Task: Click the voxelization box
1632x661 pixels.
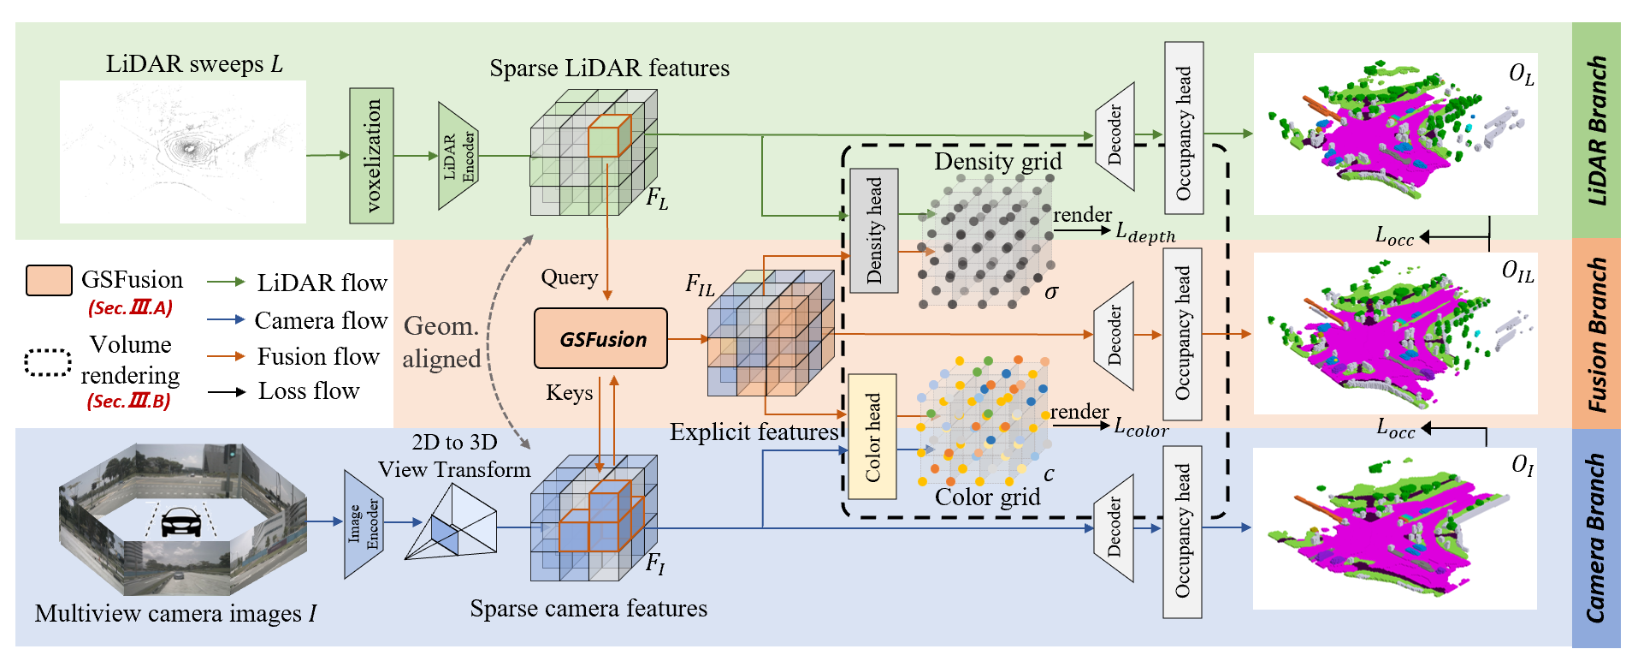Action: [x=371, y=155]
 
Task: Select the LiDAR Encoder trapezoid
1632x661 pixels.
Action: [x=458, y=156]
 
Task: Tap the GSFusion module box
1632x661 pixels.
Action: [x=600, y=338]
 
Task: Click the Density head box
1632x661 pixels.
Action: [x=873, y=230]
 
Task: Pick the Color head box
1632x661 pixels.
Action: [x=872, y=437]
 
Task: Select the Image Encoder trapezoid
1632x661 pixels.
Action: [x=363, y=525]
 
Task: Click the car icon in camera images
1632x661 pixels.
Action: [x=180, y=521]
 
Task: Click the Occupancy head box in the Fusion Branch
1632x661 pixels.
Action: [x=1182, y=334]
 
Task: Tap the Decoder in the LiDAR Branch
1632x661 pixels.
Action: [x=1115, y=136]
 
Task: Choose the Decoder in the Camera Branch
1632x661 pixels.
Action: [x=1114, y=528]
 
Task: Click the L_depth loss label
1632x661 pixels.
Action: [x=1145, y=232]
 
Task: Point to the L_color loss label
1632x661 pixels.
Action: [x=1141, y=427]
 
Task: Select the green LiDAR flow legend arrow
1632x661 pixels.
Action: [x=227, y=282]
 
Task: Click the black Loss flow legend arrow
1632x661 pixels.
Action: [x=227, y=391]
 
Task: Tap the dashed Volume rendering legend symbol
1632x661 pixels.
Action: [x=47, y=362]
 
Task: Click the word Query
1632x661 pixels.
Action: [x=569, y=277]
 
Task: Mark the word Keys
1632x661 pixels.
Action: [x=569, y=393]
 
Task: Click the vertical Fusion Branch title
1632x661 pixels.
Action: [x=1596, y=335]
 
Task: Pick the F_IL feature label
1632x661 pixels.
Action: [x=699, y=285]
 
